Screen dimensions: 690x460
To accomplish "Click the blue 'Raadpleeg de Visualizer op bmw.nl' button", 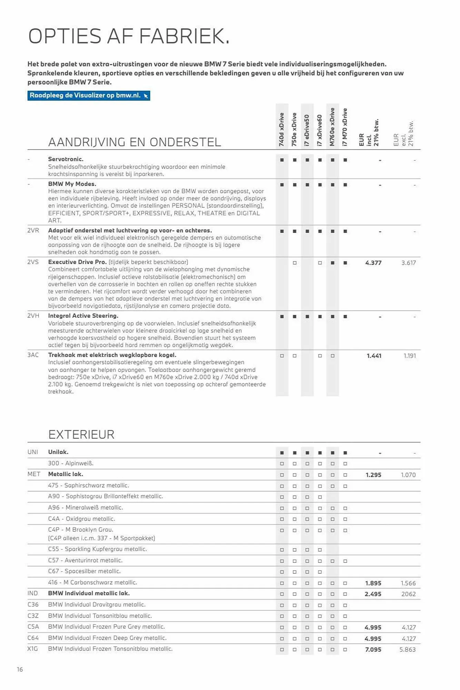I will pos(89,96).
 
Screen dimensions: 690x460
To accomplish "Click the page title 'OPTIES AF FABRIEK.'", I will pos(129,37).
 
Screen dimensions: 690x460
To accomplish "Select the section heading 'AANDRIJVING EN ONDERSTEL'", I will pos(134,142).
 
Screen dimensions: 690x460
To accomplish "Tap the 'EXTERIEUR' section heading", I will pos(81,435).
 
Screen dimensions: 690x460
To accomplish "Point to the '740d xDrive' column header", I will pos(282,129).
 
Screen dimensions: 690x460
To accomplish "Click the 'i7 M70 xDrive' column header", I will pos(345,127).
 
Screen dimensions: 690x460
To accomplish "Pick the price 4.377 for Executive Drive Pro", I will pos(373,263).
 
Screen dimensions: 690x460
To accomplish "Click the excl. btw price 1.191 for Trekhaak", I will pos(410,356).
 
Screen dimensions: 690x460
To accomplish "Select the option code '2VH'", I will pos(33,316).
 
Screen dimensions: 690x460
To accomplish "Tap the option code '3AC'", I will pos(33,355).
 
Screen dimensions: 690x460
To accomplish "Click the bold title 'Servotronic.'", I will pos(66,159).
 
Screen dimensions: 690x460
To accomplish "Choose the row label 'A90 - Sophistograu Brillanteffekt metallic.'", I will pos(106,496).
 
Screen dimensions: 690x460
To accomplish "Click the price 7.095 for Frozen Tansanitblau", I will pos(373,650).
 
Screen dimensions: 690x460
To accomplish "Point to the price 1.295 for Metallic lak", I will pos(373,475).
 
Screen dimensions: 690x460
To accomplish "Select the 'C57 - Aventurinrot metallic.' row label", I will pos(86,561).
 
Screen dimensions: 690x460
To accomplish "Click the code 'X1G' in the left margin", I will pos(33,649).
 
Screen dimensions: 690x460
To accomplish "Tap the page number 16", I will pos(20,670).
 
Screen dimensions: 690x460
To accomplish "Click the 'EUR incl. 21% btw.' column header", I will pos(369,133).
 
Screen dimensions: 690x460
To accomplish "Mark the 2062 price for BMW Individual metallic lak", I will pos(409,594).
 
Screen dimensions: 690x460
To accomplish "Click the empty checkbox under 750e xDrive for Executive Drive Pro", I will pos(294,263).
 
